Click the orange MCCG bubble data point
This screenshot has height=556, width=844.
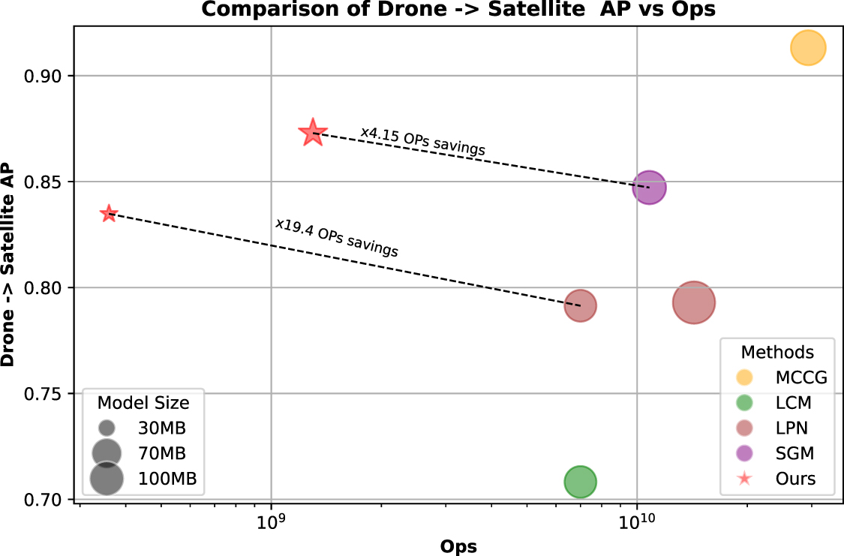tap(807, 49)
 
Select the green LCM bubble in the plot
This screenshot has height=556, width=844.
tap(580, 482)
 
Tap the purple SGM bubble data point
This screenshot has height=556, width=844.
tap(649, 188)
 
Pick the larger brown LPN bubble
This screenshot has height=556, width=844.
tap(693, 303)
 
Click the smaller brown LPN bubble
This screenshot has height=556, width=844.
tap(580, 305)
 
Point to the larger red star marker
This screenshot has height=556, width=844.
tap(313, 133)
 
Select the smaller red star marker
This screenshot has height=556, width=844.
tap(109, 214)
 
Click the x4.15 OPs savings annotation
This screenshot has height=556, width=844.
tap(422, 141)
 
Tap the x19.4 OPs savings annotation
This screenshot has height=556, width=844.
tap(336, 237)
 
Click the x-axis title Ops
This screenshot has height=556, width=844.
tap(459, 546)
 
